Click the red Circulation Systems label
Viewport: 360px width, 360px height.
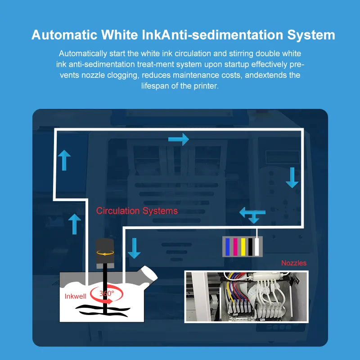click(137, 211)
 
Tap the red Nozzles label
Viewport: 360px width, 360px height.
click(294, 263)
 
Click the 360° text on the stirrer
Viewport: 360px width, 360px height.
click(107, 293)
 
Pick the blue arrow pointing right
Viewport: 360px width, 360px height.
click(179, 139)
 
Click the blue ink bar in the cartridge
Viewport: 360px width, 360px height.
click(227, 246)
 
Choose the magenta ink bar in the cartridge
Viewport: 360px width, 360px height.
click(235, 246)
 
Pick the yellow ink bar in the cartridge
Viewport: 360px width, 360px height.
click(243, 246)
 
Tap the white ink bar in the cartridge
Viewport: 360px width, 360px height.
click(257, 246)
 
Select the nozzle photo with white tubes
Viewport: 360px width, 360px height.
click(246, 296)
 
